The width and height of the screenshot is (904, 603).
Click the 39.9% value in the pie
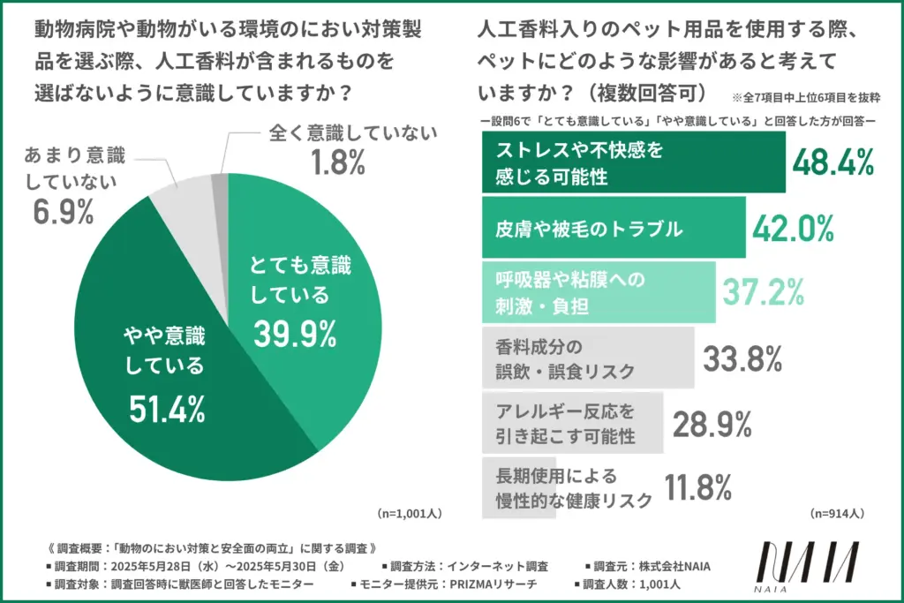coord(295,333)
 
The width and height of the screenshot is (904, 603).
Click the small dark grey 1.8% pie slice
coord(220,182)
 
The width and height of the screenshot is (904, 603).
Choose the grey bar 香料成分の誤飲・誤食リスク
coord(587,358)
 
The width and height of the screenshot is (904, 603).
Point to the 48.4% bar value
coord(832,162)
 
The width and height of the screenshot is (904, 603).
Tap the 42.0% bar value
coord(793,228)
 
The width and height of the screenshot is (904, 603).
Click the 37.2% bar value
coord(763,292)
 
